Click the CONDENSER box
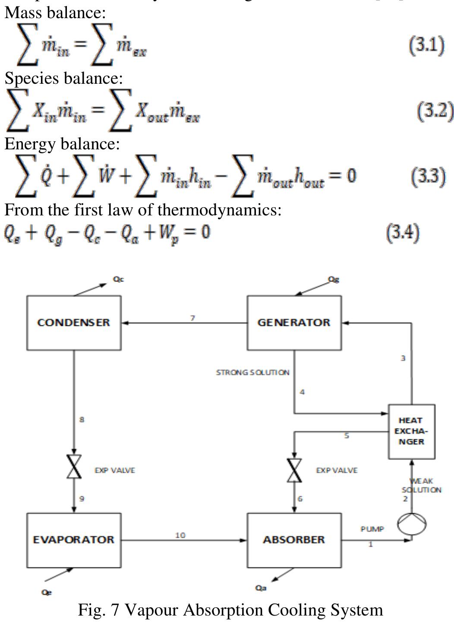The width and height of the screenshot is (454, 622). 74,322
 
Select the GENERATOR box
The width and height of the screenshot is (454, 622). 294,322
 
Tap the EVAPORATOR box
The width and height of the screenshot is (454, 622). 74,540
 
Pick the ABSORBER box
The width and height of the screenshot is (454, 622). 294,540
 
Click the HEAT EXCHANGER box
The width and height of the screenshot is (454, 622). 411,431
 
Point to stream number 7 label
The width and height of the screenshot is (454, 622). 193,318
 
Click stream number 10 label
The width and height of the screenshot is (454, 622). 180,535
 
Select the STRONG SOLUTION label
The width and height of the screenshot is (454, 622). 252,372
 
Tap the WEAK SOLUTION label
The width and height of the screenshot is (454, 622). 422,485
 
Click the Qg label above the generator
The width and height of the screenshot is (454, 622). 333,280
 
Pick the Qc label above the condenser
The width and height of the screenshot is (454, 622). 118,279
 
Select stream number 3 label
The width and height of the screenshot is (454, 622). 403,358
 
